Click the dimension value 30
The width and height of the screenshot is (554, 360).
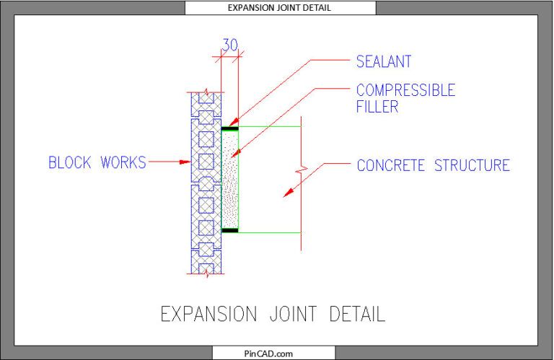230,45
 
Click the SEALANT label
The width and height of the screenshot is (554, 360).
384,61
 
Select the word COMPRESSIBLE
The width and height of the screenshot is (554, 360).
405,91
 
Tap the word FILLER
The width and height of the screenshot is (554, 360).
377,107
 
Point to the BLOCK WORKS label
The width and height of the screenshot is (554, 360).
97,163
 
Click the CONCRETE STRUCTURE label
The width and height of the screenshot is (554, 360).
433,166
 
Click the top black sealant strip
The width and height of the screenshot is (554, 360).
229,128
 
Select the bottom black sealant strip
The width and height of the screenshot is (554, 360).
229,231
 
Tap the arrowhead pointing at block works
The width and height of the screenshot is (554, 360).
185,163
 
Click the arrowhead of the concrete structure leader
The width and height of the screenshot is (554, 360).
287,193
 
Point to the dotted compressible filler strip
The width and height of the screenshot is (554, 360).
229,180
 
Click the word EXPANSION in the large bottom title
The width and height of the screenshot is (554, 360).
208,315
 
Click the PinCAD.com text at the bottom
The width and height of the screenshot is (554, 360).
273,354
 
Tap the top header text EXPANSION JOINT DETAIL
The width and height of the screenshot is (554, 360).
280,8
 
